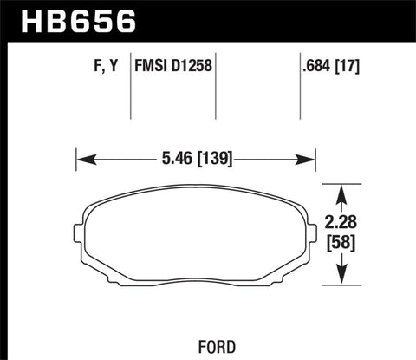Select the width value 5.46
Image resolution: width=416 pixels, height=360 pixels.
[x=175, y=159]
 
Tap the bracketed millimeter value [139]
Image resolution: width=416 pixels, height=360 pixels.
[x=212, y=159]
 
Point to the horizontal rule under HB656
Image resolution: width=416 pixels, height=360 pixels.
[x=208, y=39]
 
